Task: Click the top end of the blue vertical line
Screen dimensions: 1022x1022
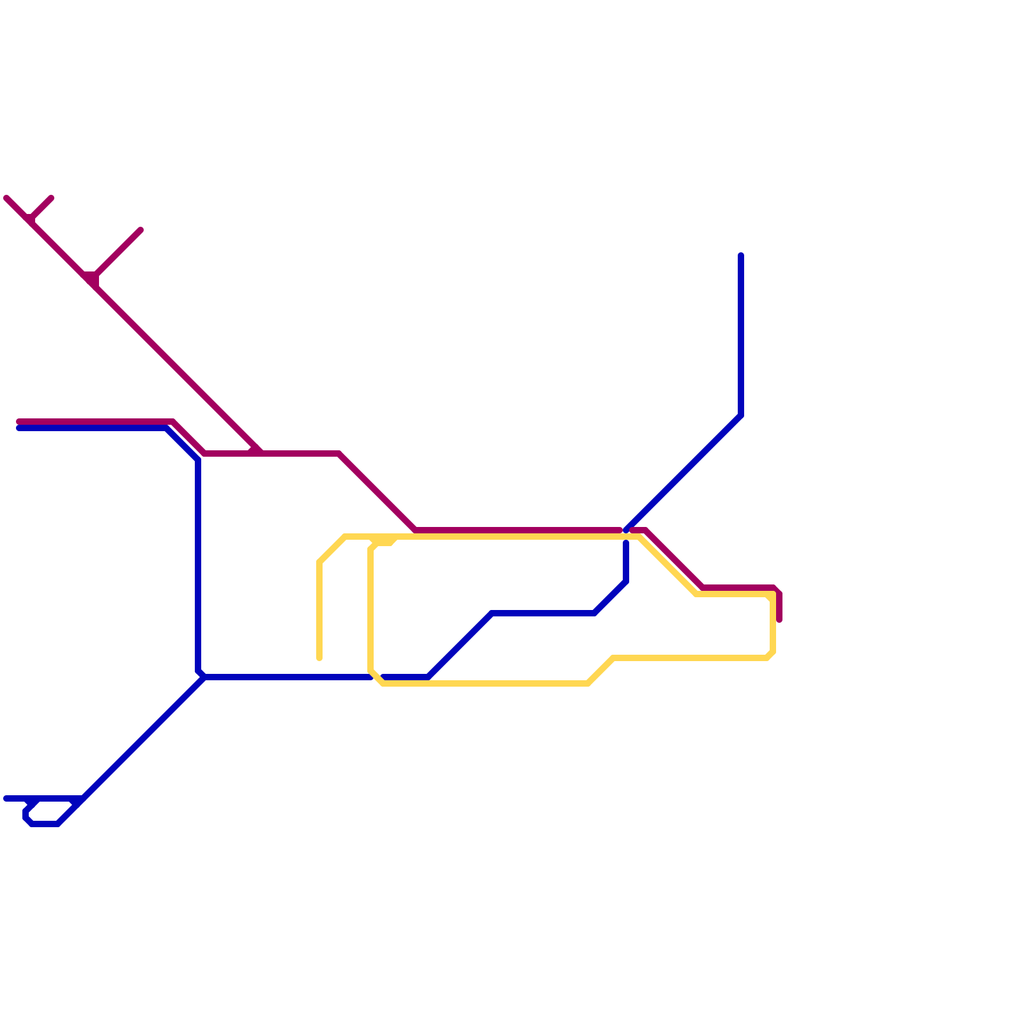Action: (x=741, y=256)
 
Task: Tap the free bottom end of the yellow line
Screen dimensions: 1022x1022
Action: (x=319, y=658)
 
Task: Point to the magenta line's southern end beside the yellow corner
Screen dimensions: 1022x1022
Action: (x=779, y=620)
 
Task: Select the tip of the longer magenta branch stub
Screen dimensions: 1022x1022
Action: (x=140, y=231)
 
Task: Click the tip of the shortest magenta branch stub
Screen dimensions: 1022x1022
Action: (x=51, y=199)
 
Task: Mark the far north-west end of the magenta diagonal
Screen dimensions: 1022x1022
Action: (x=7, y=199)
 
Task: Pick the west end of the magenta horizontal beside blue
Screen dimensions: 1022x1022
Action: (x=19, y=422)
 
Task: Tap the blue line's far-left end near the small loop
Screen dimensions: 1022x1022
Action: (x=6, y=798)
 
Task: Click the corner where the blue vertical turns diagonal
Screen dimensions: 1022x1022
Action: (x=741, y=415)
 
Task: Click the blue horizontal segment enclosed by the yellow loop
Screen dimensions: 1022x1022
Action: (x=543, y=613)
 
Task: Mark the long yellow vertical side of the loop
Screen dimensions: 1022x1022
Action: (x=370, y=607)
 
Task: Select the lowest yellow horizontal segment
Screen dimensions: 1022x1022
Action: (x=485, y=683)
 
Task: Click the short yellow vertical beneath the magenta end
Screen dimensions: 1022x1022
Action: (x=773, y=626)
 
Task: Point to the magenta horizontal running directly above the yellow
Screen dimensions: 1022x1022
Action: (x=517, y=530)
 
